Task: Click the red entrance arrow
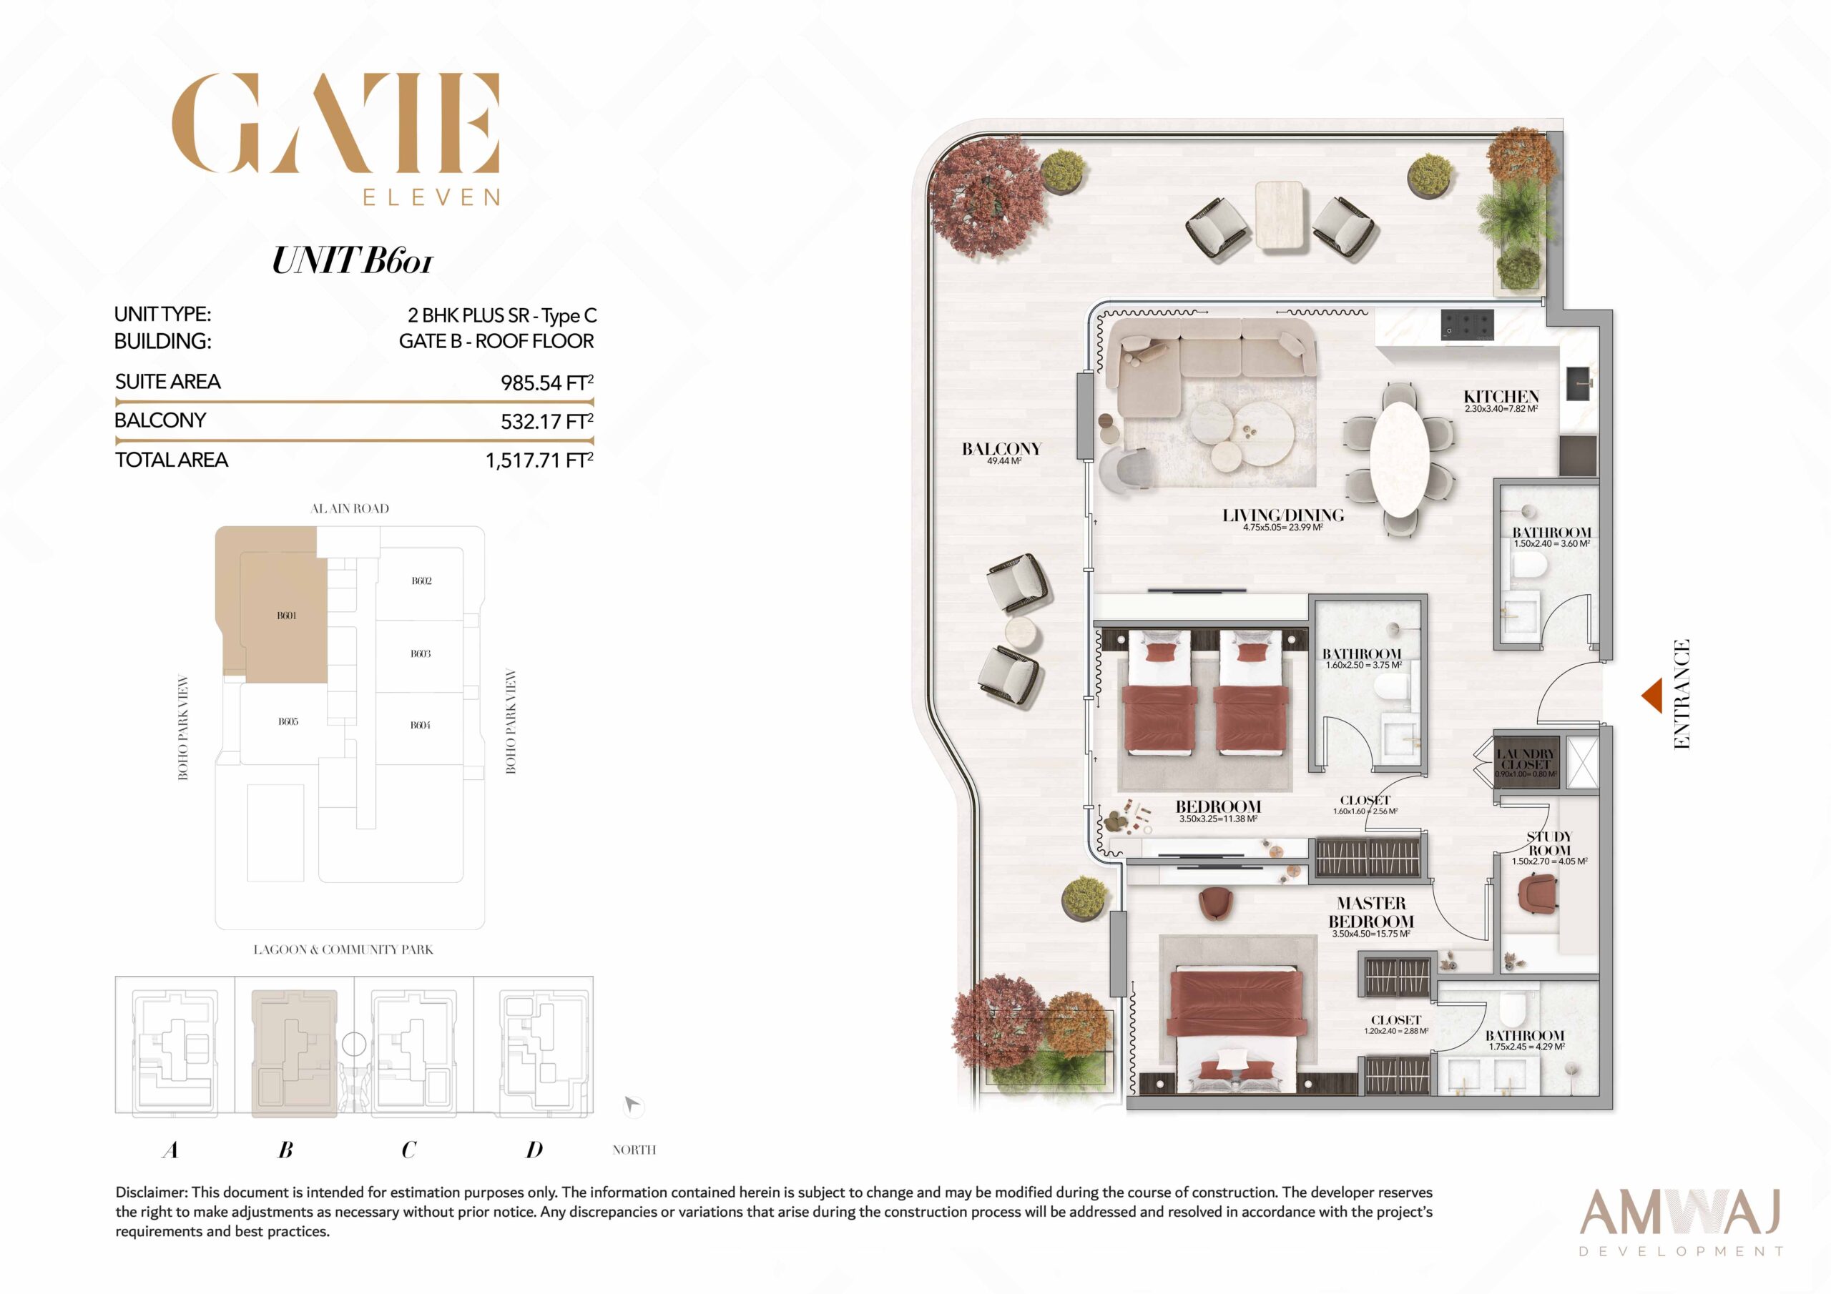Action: point(1653,695)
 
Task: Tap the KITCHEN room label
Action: point(1501,396)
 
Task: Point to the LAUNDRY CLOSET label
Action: point(1525,759)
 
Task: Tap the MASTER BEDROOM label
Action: point(1371,912)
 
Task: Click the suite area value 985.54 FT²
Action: point(547,382)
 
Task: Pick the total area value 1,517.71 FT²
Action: point(539,460)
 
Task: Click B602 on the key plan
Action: point(421,581)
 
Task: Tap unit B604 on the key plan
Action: point(421,725)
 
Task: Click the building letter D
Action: point(534,1149)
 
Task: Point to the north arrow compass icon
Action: point(632,1105)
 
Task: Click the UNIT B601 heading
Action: point(352,261)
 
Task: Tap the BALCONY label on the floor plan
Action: point(1001,449)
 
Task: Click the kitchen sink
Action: point(1579,382)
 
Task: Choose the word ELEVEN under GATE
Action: point(431,197)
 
